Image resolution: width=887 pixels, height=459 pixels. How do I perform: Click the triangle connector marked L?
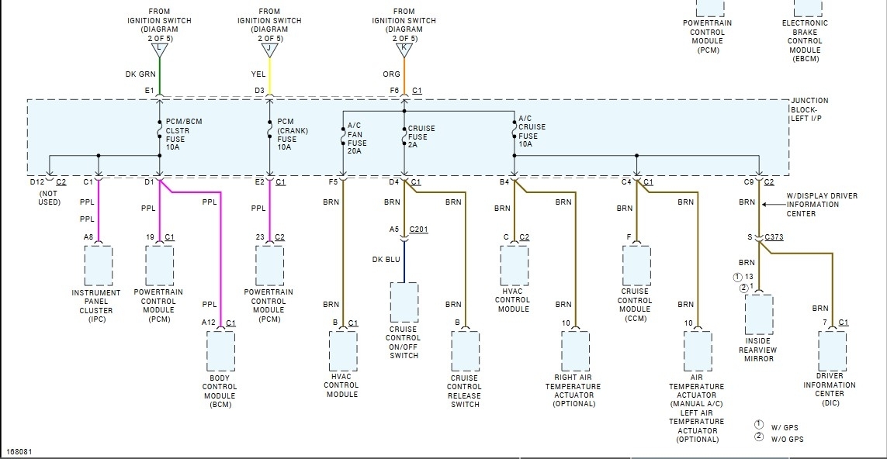pyautogui.click(x=160, y=50)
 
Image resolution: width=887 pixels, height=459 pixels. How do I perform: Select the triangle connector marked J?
pyautogui.click(x=269, y=50)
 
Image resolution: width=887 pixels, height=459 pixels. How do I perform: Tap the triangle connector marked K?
pyautogui.click(x=404, y=50)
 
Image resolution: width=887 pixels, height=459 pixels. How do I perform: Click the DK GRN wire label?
pyautogui.click(x=141, y=74)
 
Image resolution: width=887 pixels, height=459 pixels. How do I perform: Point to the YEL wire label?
pyautogui.click(x=258, y=74)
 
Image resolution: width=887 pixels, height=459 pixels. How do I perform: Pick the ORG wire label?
pyautogui.click(x=392, y=74)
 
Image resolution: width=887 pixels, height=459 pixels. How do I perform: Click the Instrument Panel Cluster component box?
pyautogui.click(x=98, y=265)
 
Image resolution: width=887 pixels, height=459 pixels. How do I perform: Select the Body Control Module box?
pyautogui.click(x=220, y=351)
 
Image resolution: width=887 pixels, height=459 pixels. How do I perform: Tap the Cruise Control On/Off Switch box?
pyautogui.click(x=404, y=302)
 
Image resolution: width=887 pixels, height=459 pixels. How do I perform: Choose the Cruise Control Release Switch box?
pyautogui.click(x=465, y=351)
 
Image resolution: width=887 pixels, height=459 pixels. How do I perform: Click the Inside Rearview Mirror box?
pyautogui.click(x=759, y=315)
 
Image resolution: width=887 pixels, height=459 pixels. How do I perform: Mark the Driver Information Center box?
pyautogui.click(x=831, y=351)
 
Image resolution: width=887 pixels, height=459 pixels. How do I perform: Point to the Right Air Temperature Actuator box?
pyautogui.click(x=574, y=351)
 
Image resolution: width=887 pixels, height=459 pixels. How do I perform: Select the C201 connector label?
pyautogui.click(x=418, y=229)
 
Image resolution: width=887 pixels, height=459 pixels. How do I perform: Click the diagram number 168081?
pyautogui.click(x=19, y=451)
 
